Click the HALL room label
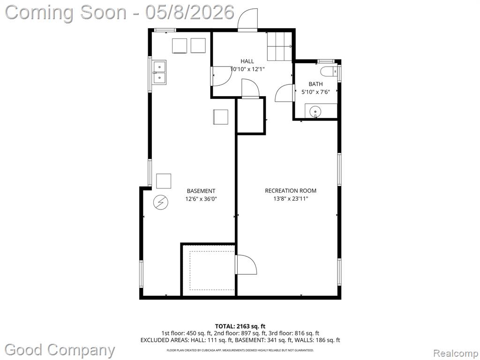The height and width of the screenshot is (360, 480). coord(247,61)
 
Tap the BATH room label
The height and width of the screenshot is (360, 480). coord(315,84)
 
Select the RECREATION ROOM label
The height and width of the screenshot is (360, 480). coord(291,191)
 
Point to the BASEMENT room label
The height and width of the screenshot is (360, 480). coord(201,191)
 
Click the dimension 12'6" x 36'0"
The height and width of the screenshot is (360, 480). coord(201,199)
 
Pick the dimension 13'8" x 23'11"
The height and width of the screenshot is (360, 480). coord(291,199)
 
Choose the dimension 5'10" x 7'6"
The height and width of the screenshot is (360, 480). coord(315,92)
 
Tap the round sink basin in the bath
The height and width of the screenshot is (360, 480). coord(315,112)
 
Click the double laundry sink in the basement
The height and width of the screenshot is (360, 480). coord(159,72)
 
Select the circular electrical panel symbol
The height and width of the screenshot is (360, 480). coord(161,202)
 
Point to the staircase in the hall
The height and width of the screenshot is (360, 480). coord(279,46)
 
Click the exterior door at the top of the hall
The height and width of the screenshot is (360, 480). coord(247,19)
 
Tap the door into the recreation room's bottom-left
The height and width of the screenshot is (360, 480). coord(246,264)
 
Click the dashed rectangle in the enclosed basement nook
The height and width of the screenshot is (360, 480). coord(212,270)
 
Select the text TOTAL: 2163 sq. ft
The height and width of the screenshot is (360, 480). coord(238,326)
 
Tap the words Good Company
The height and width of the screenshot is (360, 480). coord(60,350)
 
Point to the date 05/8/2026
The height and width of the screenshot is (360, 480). coord(190,12)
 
